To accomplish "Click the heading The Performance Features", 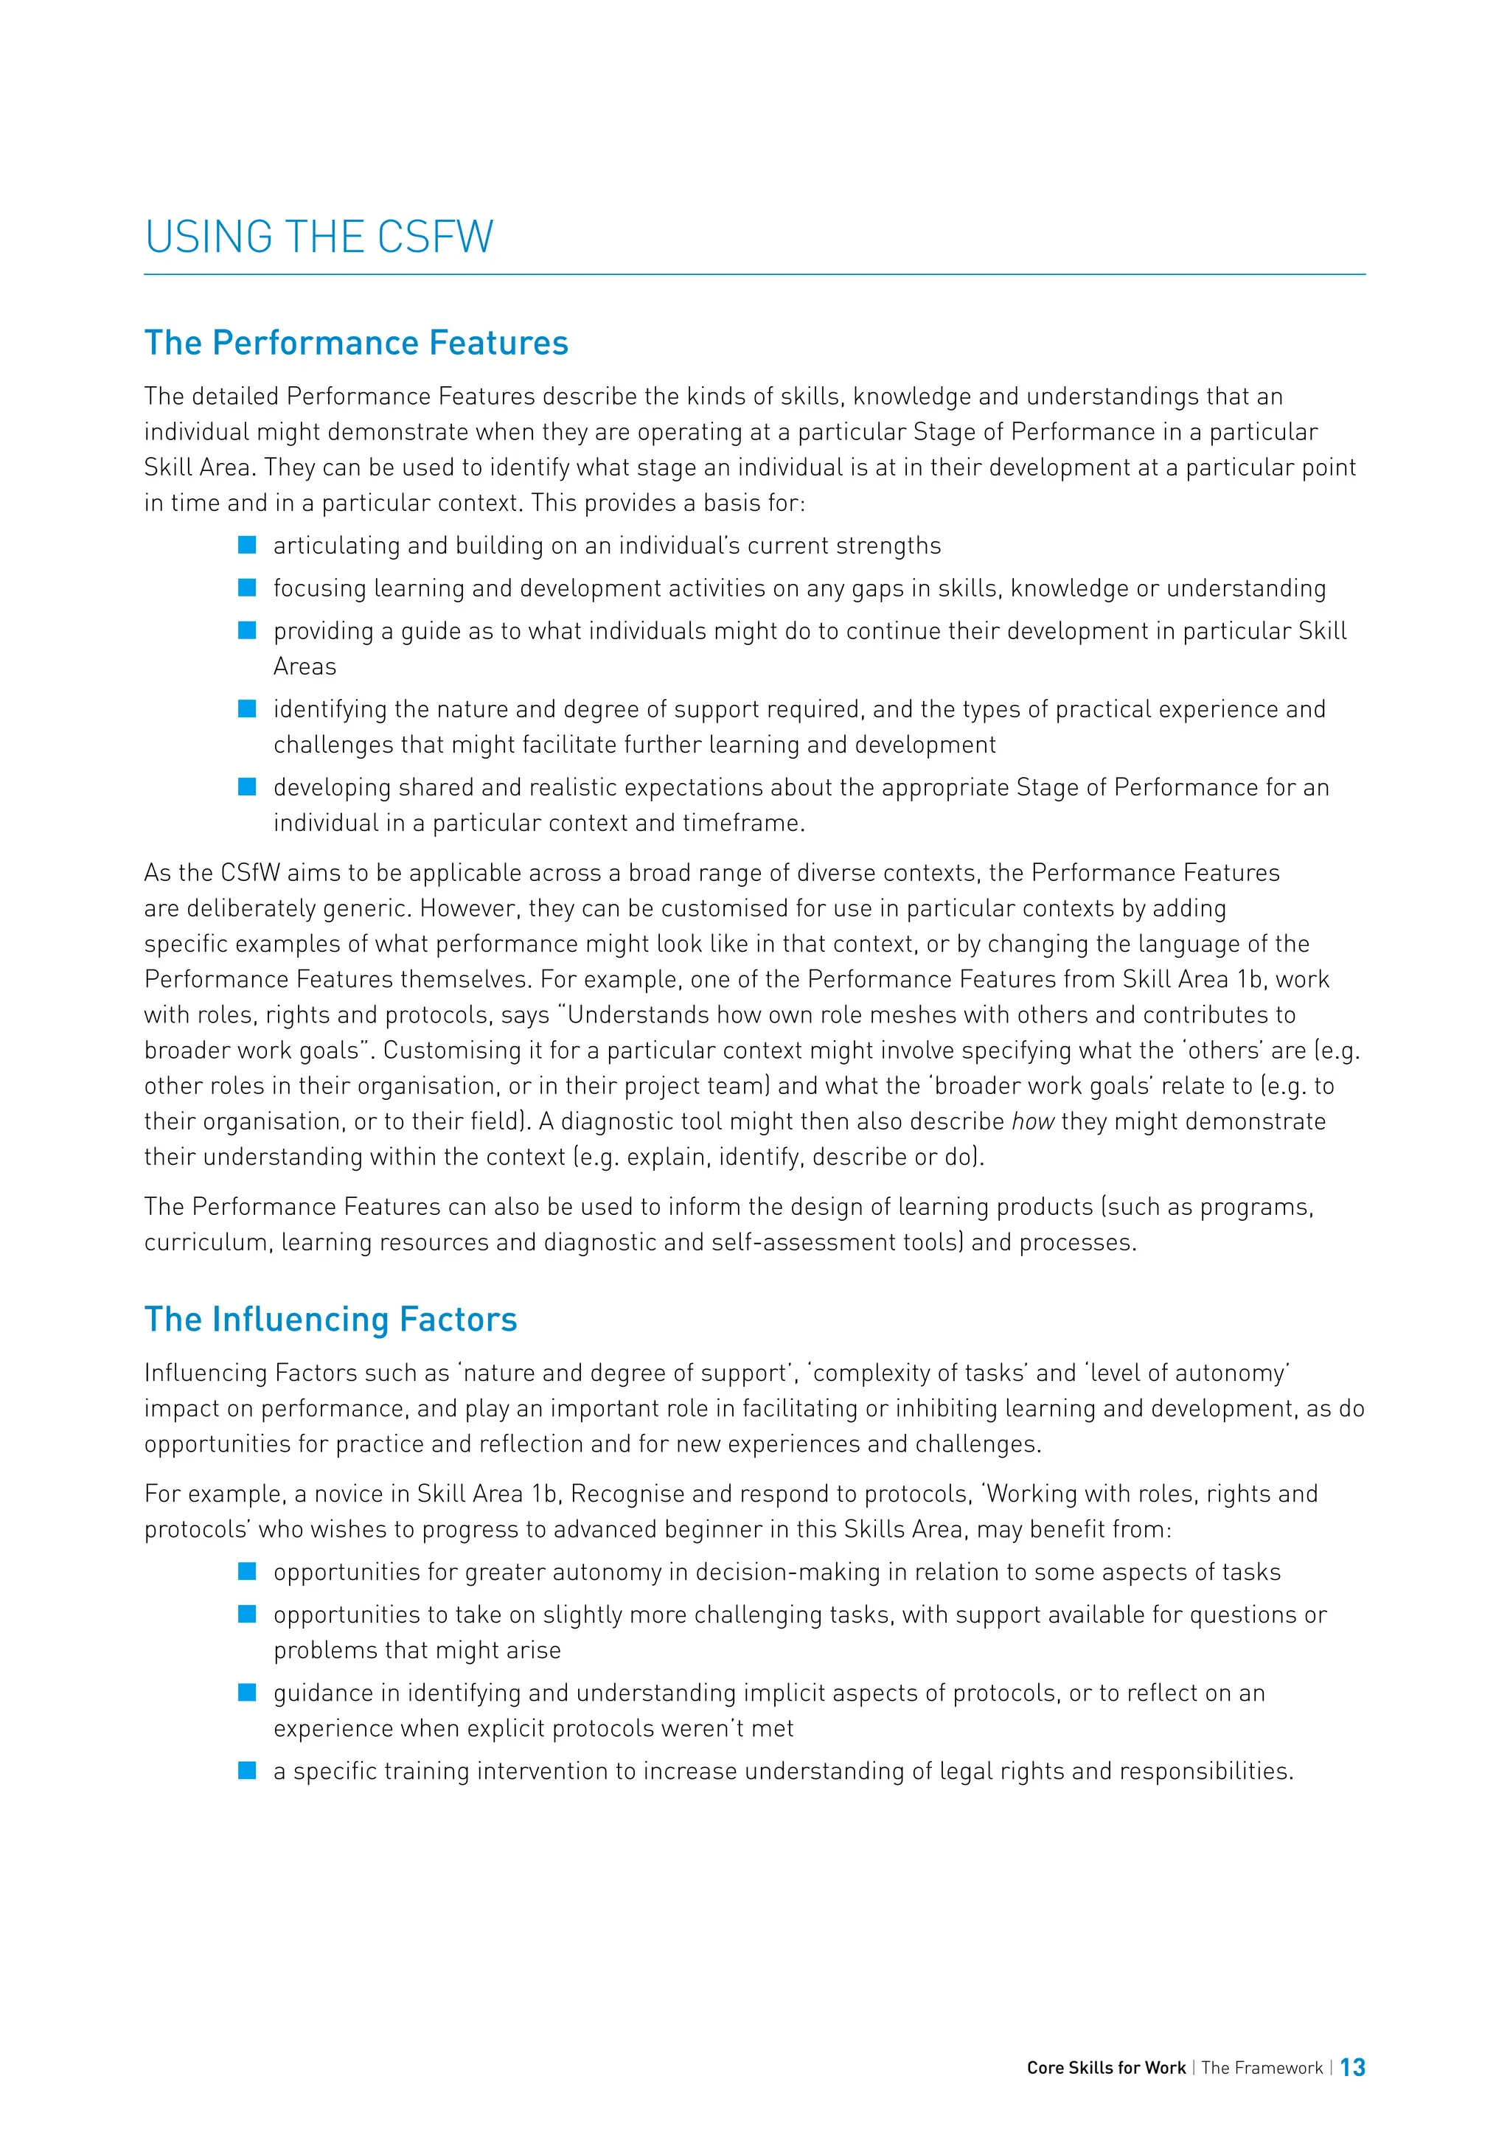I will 356,343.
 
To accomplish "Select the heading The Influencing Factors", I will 330,1320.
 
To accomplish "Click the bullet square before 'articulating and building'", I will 247,545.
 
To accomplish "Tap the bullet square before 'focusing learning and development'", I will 247,588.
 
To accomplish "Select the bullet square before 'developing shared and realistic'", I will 247,787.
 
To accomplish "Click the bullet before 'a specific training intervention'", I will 247,1771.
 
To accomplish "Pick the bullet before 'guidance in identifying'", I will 247,1693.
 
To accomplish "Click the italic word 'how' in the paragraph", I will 1032,1121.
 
